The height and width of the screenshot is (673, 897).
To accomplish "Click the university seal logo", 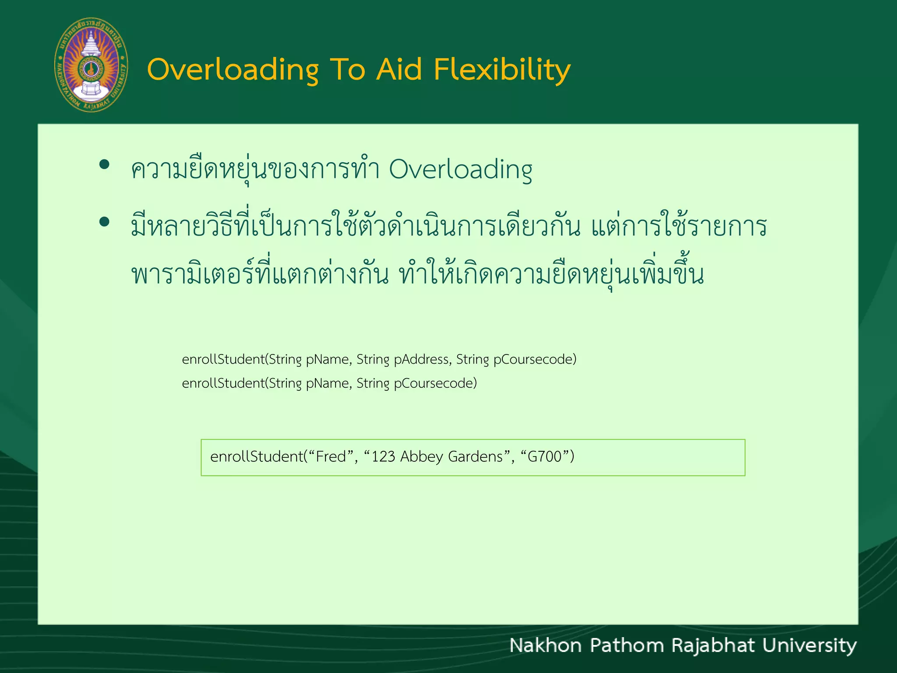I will coord(91,65).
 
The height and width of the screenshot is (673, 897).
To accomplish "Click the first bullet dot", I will coord(104,165).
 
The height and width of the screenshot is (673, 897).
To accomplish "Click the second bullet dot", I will coord(104,222).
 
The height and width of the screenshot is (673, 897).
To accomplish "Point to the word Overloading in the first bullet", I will coord(460,170).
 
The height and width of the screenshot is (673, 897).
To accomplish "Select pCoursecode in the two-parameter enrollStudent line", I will coord(435,383).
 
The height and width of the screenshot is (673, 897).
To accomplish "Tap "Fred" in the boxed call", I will coord(331,457).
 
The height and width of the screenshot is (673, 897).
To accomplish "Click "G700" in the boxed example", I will coord(544,457).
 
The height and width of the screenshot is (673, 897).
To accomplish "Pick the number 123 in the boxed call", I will coord(383,457).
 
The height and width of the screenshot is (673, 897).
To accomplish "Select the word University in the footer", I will coord(809,645).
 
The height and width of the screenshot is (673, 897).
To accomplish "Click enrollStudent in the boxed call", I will coord(257,457).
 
